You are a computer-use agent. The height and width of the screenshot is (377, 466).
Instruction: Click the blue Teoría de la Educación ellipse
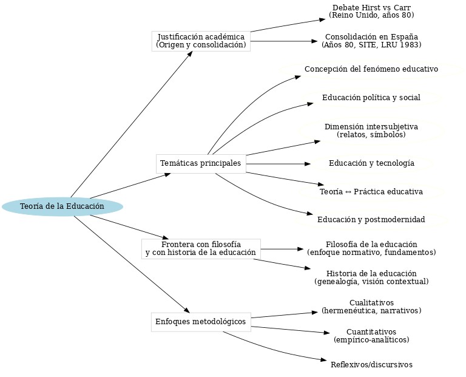coord(62,207)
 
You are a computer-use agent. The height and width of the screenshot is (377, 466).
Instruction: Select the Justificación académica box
coord(201,41)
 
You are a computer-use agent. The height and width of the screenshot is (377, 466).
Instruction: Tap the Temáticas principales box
coord(201,164)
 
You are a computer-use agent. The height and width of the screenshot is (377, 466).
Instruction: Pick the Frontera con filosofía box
coord(201,248)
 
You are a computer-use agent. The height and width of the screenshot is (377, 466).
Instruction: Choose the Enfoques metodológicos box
coord(201,321)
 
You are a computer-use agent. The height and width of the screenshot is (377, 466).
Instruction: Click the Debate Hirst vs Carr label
coord(371,11)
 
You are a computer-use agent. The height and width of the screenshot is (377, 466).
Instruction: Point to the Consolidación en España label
coord(371,41)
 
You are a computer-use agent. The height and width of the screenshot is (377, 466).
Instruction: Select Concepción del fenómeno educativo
coord(371,69)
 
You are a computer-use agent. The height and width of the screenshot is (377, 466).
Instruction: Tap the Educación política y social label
coord(371,98)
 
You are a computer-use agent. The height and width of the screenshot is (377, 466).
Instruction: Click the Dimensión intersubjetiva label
coord(371,131)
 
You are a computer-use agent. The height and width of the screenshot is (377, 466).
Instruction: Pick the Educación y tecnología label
coord(371,163)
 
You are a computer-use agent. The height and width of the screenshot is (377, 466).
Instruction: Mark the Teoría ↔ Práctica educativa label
coord(371,192)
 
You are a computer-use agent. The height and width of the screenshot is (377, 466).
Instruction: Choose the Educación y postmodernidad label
coord(371,219)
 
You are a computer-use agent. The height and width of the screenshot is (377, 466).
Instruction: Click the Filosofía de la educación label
coord(371,248)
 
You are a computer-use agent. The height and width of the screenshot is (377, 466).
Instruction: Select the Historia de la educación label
coord(371,277)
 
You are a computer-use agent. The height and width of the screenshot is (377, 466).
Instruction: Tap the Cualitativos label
coord(371,307)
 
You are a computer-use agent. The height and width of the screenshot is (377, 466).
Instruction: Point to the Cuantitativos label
coord(371,336)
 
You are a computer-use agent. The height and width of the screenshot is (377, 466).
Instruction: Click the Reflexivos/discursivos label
coord(371,365)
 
